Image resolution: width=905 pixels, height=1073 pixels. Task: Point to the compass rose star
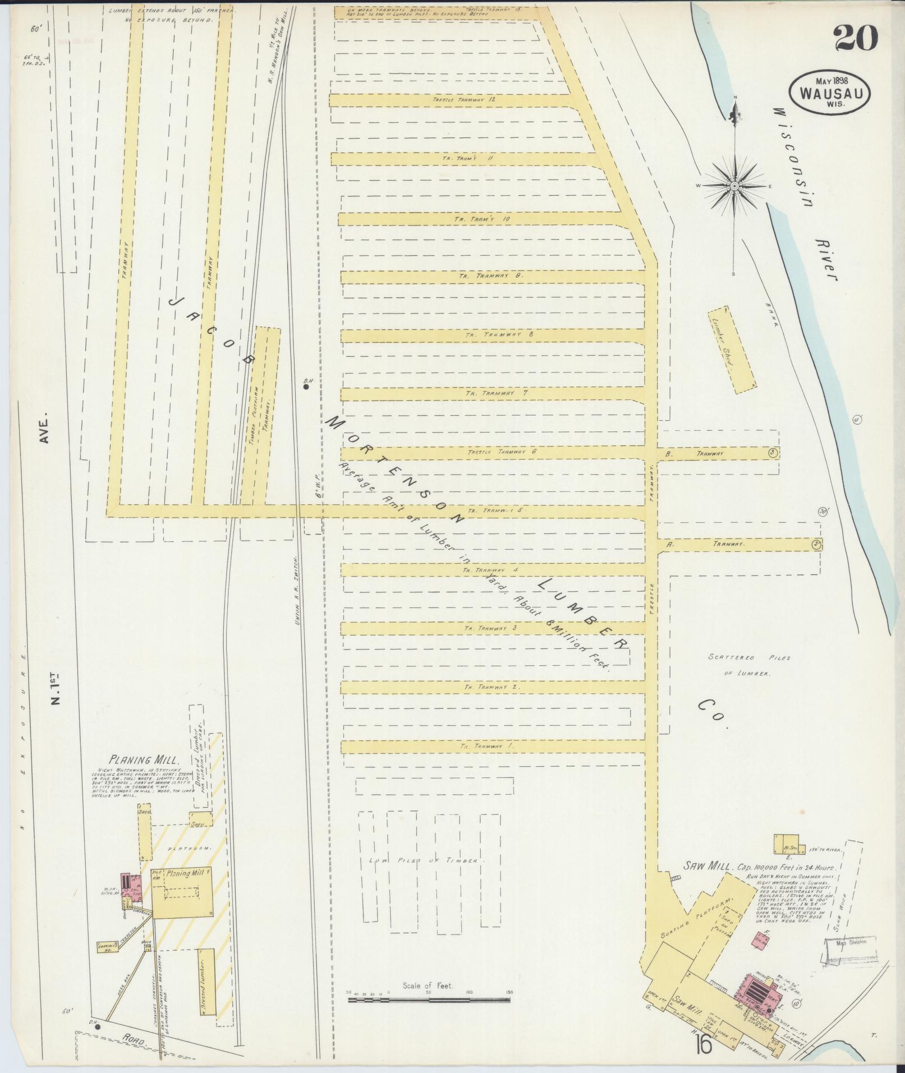click(x=734, y=186)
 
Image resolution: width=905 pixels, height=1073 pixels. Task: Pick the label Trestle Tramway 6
click(x=502, y=452)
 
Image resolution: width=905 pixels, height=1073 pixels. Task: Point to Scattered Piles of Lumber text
click(x=748, y=665)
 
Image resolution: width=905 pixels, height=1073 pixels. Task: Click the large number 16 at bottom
click(x=702, y=1044)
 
